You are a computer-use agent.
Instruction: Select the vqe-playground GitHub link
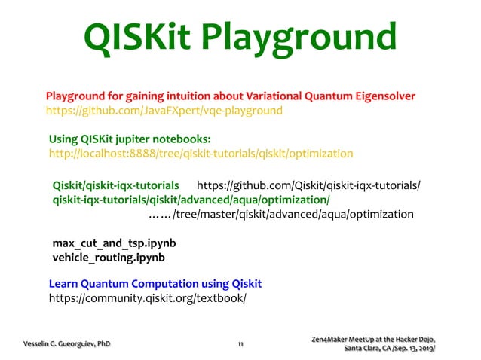[x=164, y=111]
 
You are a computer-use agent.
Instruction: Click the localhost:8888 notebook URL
[x=201, y=154]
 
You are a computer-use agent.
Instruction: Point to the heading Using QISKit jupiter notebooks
[x=129, y=139]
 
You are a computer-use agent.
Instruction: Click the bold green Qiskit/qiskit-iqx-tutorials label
[x=115, y=185]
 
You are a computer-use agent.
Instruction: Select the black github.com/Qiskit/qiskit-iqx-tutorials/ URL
[x=308, y=185]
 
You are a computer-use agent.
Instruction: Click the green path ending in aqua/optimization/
[x=191, y=200]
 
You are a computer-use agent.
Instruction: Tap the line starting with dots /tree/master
[x=280, y=215]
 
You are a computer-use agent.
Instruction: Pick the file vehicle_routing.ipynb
[x=109, y=258]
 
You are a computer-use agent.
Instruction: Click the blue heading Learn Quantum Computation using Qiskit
[x=155, y=284]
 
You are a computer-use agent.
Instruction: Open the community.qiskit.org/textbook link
[x=147, y=298]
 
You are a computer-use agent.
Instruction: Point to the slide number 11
[x=240, y=344]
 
